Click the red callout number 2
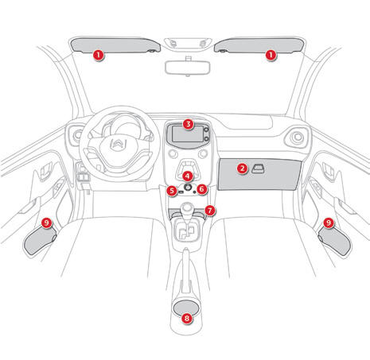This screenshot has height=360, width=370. coord(242,168)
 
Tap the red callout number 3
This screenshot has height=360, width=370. coord(188,124)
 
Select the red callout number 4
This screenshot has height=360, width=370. coord(187,176)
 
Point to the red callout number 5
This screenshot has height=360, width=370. coord(172,190)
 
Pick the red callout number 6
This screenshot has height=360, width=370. coord(202,189)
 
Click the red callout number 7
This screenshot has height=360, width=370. coord(210,211)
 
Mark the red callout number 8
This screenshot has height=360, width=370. coord(187,318)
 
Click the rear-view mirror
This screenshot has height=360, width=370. coord(187,68)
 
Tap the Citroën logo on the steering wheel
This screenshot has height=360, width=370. coord(119,145)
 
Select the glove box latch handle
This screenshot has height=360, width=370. coord(258,168)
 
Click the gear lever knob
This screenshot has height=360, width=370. coord(187,208)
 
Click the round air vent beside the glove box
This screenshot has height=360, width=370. coord(297,137)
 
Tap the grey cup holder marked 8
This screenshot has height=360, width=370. coord(186,308)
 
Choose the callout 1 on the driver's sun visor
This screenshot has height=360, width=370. coord(98,55)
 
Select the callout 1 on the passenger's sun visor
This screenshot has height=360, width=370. coord(271,55)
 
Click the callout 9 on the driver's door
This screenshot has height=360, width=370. coord(47,223)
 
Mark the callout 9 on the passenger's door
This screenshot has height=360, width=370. coord(329,223)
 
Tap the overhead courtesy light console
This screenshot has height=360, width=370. coord(188,44)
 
